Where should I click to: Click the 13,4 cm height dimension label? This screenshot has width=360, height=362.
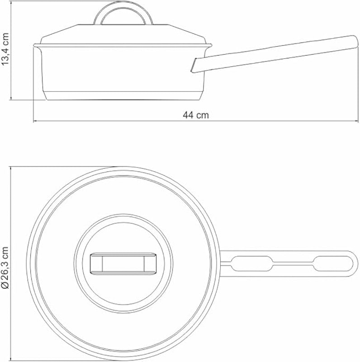click(x=5, y=49)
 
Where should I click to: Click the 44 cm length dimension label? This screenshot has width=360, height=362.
click(x=196, y=115)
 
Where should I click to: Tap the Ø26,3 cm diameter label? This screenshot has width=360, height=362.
click(x=5, y=267)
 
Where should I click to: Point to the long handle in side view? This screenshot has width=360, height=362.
click(x=275, y=54)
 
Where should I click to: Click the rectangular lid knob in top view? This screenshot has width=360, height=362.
click(x=123, y=264)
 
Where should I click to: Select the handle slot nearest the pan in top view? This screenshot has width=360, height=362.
click(x=252, y=263)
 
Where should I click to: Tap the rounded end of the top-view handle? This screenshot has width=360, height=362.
click(x=355, y=263)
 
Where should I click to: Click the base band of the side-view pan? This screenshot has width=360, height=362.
click(x=123, y=96)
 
